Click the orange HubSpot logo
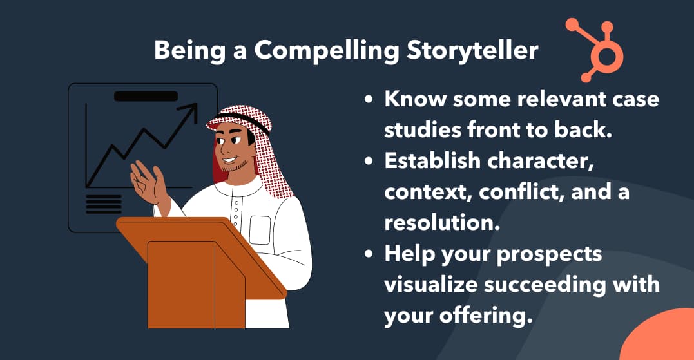click(595, 50)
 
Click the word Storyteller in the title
click(472, 51)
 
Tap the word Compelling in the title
click(327, 51)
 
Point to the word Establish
click(432, 160)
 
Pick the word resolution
click(442, 223)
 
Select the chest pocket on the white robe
click(260, 230)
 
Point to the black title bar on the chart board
click(146, 96)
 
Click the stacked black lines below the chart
click(104, 204)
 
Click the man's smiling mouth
click(229, 159)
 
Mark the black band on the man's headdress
click(240, 120)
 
